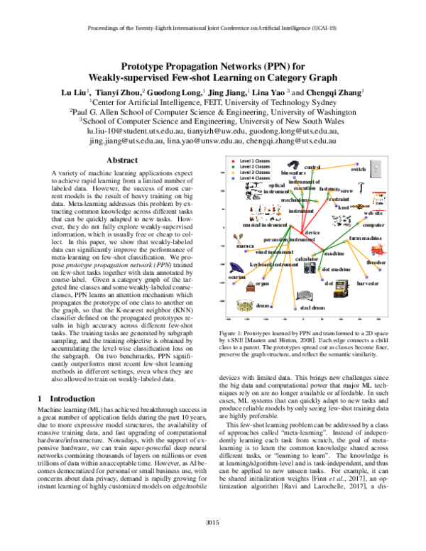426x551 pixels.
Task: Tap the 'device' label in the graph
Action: [312, 232]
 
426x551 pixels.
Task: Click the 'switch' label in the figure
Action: [358, 170]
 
